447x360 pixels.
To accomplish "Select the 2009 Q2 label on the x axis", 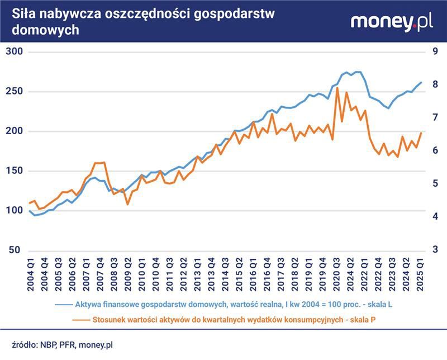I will pyautogui.click(x=127, y=274).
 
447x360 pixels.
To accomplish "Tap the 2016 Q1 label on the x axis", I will pyautogui.click(x=253, y=274).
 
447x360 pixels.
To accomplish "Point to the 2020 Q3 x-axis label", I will pyautogui.click(x=337, y=274).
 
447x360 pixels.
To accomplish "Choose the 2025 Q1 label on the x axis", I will pyautogui.click(x=421, y=274).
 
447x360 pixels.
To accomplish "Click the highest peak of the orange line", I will pyautogui.click(x=337, y=88).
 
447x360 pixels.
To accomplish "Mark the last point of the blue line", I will pyautogui.click(x=421, y=83).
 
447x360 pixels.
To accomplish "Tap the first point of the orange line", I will pyautogui.click(x=30, y=203).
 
